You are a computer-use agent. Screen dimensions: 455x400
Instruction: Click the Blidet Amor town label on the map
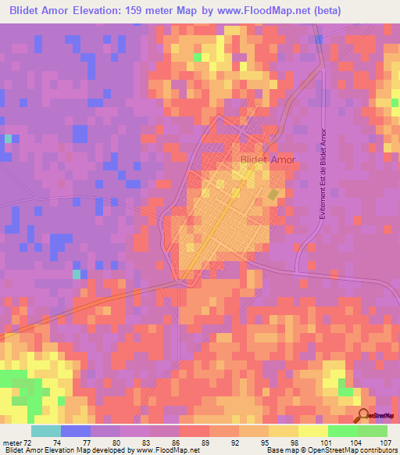268,159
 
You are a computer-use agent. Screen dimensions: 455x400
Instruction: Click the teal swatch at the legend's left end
45,432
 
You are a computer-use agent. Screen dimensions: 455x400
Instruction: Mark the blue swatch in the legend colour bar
76,432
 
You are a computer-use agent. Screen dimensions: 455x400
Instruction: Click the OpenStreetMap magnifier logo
365,417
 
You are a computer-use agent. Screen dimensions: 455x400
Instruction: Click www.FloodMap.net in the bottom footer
166,450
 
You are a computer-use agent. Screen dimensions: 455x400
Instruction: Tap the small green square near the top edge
198,56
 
